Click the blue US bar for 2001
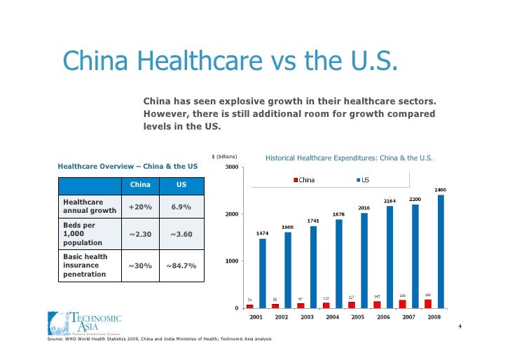[x=263, y=273]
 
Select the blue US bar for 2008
[x=441, y=251]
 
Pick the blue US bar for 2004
[x=339, y=263]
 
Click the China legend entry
[x=303, y=180]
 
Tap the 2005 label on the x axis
[x=357, y=317]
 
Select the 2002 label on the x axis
[x=282, y=317]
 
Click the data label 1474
[x=262, y=233]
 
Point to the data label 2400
[x=441, y=190]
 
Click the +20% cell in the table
[x=141, y=207]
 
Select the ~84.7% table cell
[x=181, y=265]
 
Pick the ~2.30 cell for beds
[x=141, y=234]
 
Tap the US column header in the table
[x=181, y=185]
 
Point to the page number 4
[x=460, y=327]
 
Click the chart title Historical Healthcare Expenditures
[x=349, y=158]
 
